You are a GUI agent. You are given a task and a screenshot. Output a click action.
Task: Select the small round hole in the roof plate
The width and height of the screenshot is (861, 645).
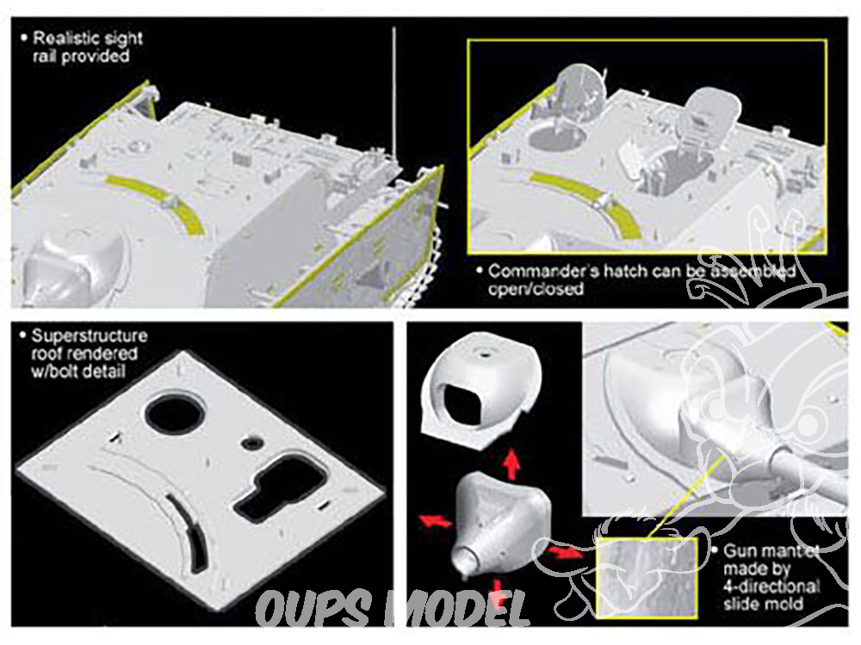(x=251, y=443)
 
